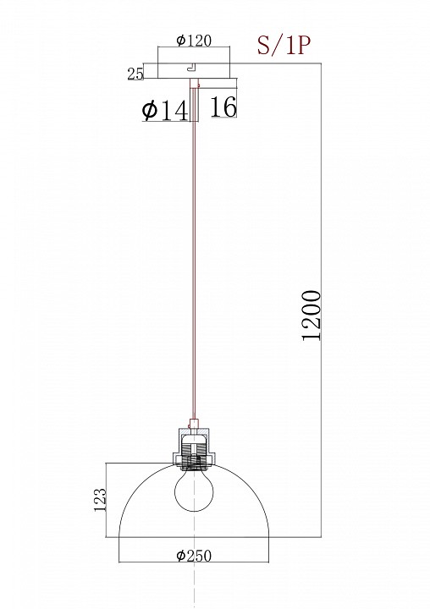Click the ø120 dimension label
pyautogui.click(x=194, y=40)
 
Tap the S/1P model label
pyautogui.click(x=284, y=46)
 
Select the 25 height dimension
pyautogui.click(x=135, y=74)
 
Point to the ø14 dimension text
pyautogui.click(x=165, y=110)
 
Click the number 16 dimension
pyautogui.click(x=223, y=107)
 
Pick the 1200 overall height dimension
pyautogui.click(x=311, y=315)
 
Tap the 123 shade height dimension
pyautogui.click(x=100, y=500)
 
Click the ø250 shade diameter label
pyautogui.click(x=194, y=556)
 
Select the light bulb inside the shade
pyautogui.click(x=194, y=490)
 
